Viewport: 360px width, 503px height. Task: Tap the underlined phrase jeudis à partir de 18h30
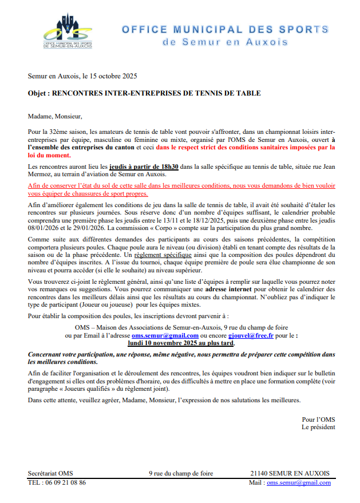pyautogui.click(x=144, y=167)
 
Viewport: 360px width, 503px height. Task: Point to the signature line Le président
pyautogui.click(x=318, y=427)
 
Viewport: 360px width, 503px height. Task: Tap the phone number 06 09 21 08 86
pyautogui.click(x=66, y=482)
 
